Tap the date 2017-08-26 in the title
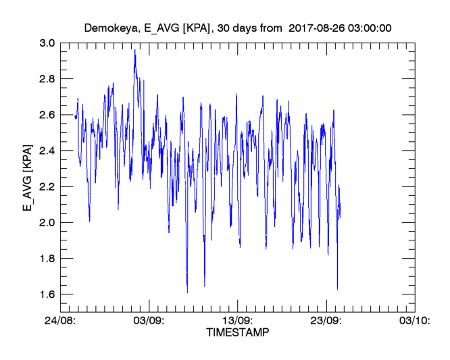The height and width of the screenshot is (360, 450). coord(317,28)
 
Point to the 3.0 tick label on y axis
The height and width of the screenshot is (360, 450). coord(47,43)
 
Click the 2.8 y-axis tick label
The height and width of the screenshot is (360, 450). coord(47,78)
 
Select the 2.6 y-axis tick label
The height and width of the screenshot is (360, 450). coord(47,115)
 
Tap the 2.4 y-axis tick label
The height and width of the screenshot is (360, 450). coord(47,151)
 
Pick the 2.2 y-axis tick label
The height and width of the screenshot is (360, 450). coord(47,186)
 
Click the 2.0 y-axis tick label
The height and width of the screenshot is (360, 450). coord(47,222)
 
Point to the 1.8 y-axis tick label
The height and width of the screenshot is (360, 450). coord(47,259)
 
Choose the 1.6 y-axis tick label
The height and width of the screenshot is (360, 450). coord(47,294)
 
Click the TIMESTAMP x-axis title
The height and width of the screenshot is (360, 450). coord(237,333)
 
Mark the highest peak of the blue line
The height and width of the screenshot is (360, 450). coord(135,50)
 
